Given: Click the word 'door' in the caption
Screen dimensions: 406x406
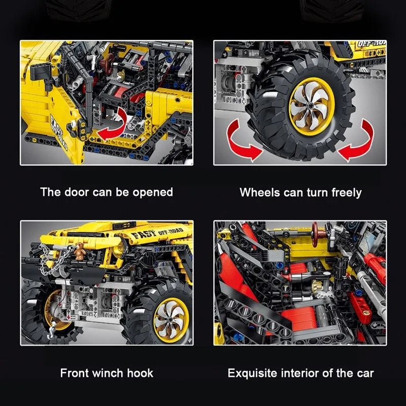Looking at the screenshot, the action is tap(77, 192).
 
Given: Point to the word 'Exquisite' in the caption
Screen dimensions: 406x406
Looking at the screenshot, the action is tap(252, 374).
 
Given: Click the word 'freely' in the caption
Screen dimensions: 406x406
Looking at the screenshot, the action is tap(347, 193).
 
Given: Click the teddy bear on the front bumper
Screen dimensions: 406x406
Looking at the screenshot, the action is tap(80, 251).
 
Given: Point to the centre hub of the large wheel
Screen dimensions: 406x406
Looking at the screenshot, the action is tap(312, 106).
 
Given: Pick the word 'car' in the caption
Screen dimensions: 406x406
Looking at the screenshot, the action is tap(364, 374).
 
